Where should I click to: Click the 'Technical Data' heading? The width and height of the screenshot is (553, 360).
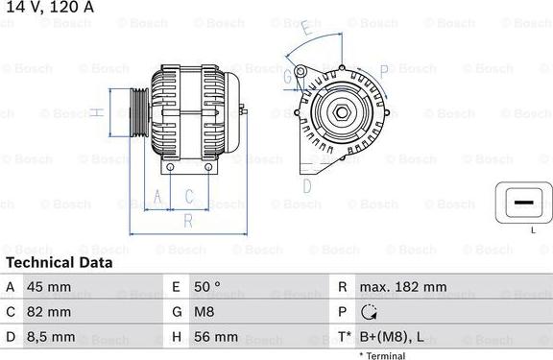[59, 262]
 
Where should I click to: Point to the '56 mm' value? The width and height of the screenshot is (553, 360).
[218, 337]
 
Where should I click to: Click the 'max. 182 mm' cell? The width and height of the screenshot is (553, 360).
[402, 287]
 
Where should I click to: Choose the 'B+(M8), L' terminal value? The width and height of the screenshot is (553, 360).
[392, 337]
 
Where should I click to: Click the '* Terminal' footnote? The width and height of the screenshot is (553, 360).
[382, 355]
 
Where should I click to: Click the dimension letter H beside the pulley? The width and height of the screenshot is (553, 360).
[97, 113]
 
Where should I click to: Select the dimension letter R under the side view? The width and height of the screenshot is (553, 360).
[188, 222]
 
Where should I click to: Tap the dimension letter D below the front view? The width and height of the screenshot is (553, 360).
[307, 184]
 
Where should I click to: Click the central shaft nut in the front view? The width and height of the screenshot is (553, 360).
[342, 112]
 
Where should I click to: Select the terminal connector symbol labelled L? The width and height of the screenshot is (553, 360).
[521, 204]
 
